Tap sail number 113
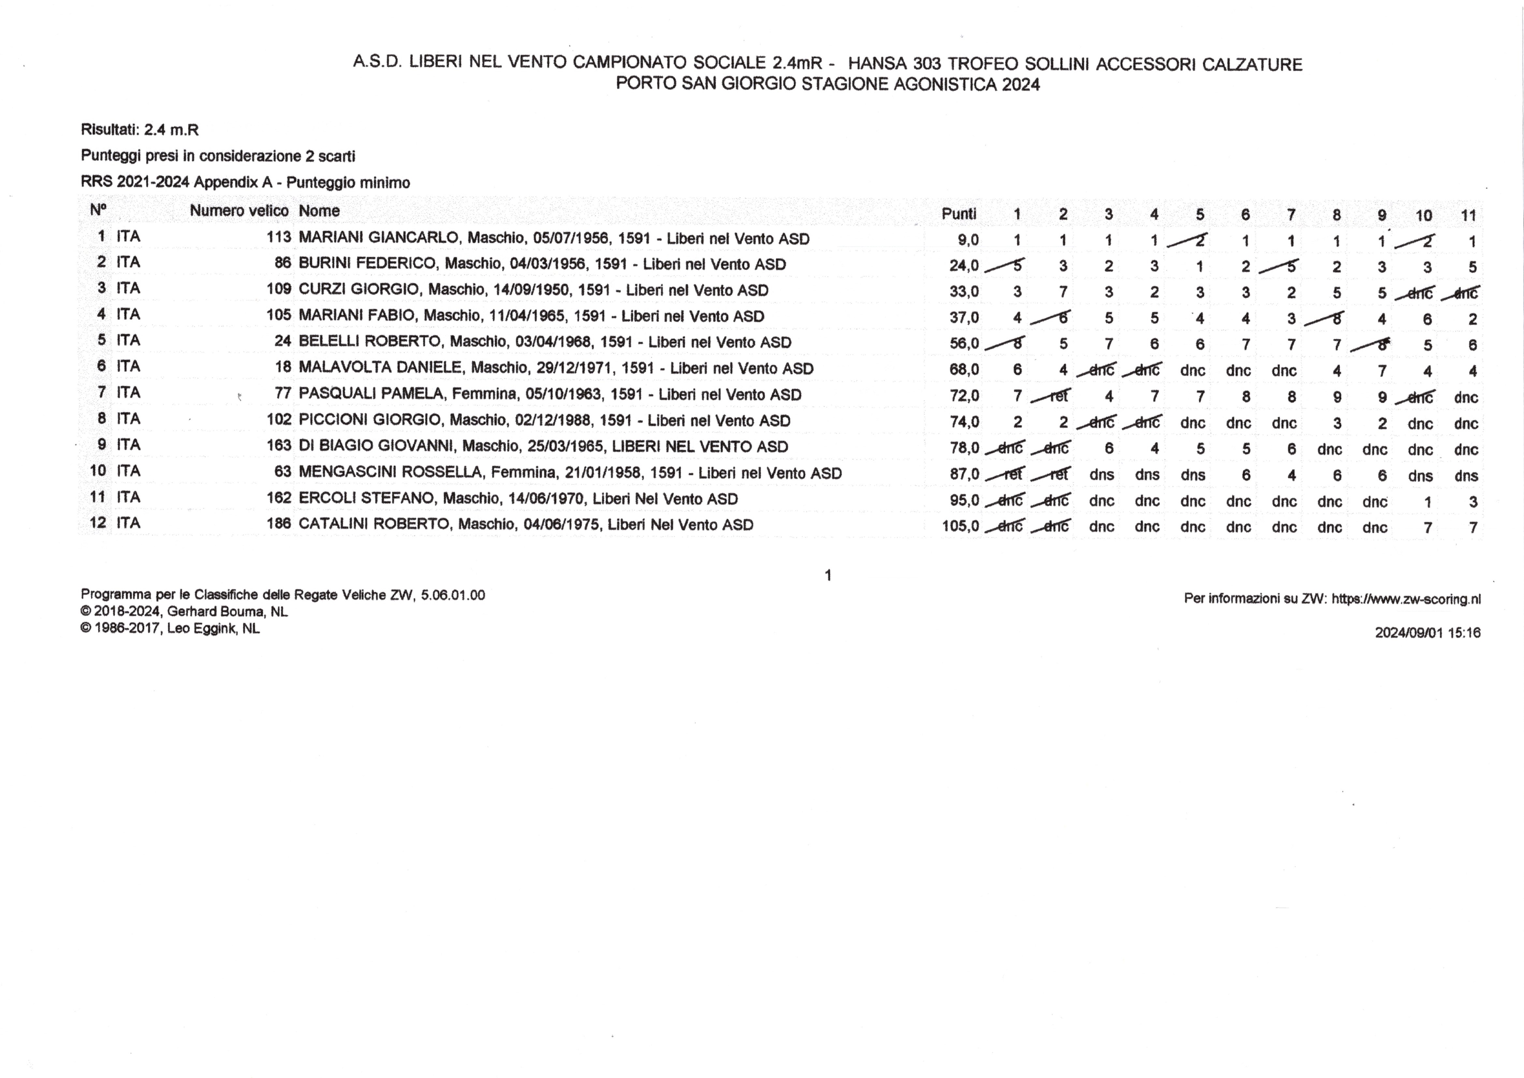click(279, 238)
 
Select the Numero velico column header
click(239, 211)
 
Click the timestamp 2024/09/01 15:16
click(1427, 633)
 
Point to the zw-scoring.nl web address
click(1406, 599)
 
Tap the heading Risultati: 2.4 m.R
click(139, 129)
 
